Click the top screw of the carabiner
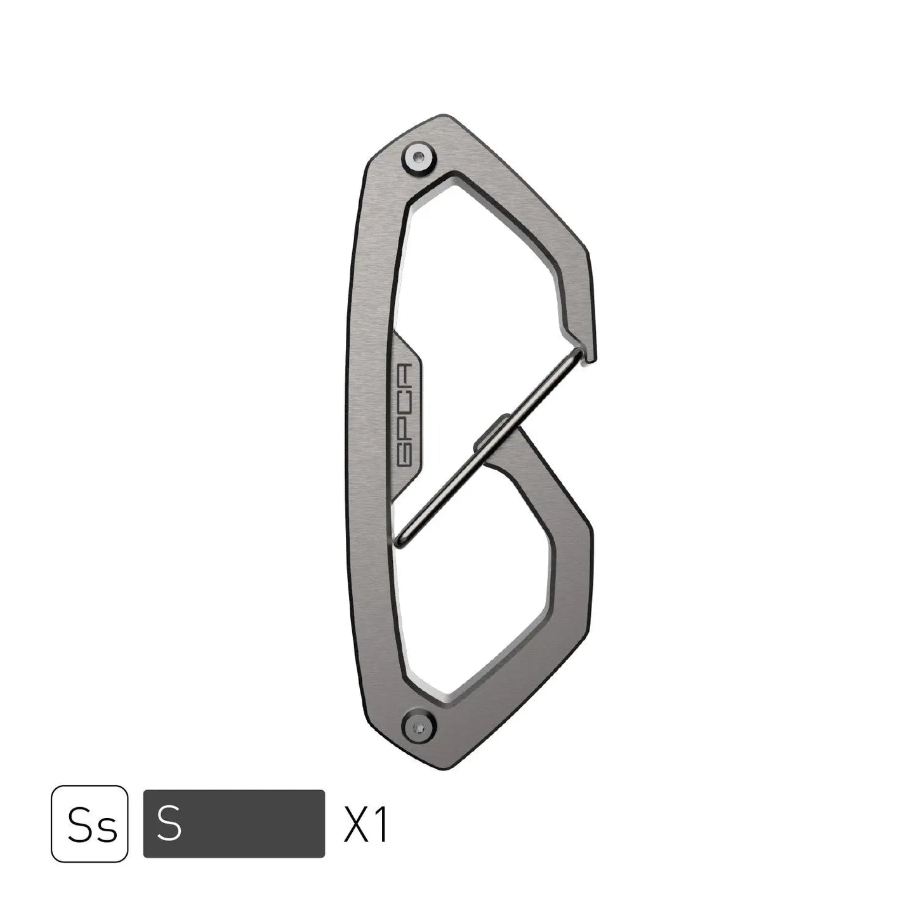[x=419, y=157]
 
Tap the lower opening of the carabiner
[x=482, y=590]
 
